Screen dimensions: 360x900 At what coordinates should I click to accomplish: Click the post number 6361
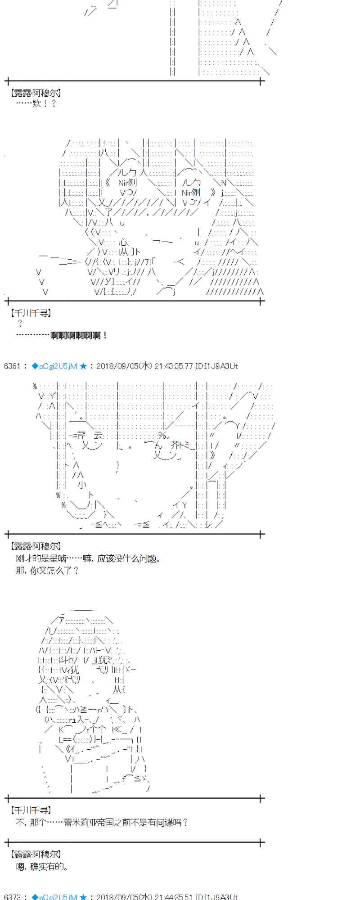[x=12, y=366]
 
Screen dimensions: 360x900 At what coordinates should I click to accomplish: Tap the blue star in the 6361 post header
[x=83, y=366]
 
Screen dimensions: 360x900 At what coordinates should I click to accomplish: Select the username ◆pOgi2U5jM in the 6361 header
[x=54, y=366]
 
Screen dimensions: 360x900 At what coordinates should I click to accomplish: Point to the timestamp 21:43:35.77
[x=173, y=366]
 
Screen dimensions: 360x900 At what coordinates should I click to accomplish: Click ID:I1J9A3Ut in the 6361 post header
[x=217, y=366]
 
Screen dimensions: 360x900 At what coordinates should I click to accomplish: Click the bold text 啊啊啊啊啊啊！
[x=79, y=335]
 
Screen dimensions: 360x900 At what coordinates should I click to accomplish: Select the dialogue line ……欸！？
[x=36, y=103]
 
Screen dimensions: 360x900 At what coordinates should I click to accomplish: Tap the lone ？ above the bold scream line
[x=20, y=324]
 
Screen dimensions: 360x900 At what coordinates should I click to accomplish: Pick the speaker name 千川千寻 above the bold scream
[x=31, y=313]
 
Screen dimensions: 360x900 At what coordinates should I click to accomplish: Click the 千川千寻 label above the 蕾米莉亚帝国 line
[x=31, y=810]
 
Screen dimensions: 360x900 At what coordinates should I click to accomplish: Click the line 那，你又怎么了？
[x=48, y=571]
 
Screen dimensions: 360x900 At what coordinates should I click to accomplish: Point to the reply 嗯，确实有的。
[x=42, y=866]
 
